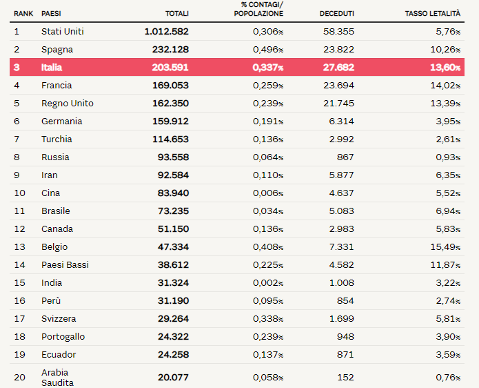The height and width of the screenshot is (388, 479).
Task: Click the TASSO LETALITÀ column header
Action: tap(433, 14)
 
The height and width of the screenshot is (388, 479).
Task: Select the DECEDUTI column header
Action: tap(336, 14)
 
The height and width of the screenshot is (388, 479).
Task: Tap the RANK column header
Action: tap(23, 14)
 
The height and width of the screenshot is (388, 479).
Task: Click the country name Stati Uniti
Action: tap(63, 32)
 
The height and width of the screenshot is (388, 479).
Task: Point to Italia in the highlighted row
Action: tap(52, 68)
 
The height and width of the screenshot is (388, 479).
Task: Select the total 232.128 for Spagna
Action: tap(170, 50)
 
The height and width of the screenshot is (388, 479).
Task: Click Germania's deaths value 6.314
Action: tap(342, 122)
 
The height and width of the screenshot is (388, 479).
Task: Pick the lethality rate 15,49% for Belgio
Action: tap(445, 247)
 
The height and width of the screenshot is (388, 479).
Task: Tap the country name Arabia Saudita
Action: tap(57, 378)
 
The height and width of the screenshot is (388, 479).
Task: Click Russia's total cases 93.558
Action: tap(173, 157)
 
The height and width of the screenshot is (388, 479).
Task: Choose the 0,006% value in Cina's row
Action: tap(268, 193)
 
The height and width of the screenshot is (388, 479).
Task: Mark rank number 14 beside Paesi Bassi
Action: tap(20, 265)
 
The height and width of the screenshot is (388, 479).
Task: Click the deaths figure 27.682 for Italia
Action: tap(339, 68)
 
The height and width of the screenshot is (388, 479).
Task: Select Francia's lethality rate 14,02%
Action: tap(445, 86)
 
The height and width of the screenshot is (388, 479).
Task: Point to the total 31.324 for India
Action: tap(173, 283)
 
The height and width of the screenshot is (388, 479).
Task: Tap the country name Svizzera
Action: tap(59, 319)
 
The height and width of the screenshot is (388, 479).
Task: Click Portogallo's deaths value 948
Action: tap(345, 337)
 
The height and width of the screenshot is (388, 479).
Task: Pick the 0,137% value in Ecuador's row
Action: tap(268, 355)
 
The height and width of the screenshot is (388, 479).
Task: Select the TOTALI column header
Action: tap(177, 14)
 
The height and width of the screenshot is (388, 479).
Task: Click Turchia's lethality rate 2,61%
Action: tap(448, 139)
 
